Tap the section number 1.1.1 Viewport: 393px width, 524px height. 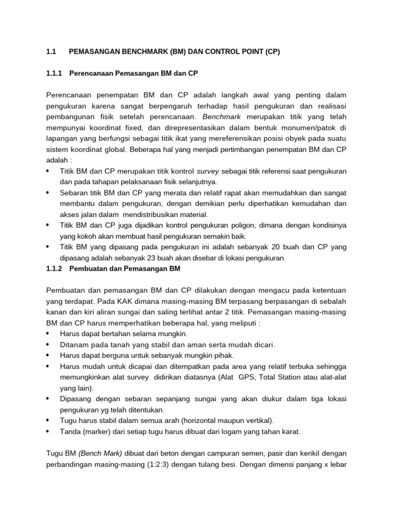54,74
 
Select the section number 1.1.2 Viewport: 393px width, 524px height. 54,268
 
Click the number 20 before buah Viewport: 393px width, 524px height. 278,247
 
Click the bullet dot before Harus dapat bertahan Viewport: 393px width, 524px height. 48,333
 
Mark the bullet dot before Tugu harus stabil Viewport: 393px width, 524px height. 48,420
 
